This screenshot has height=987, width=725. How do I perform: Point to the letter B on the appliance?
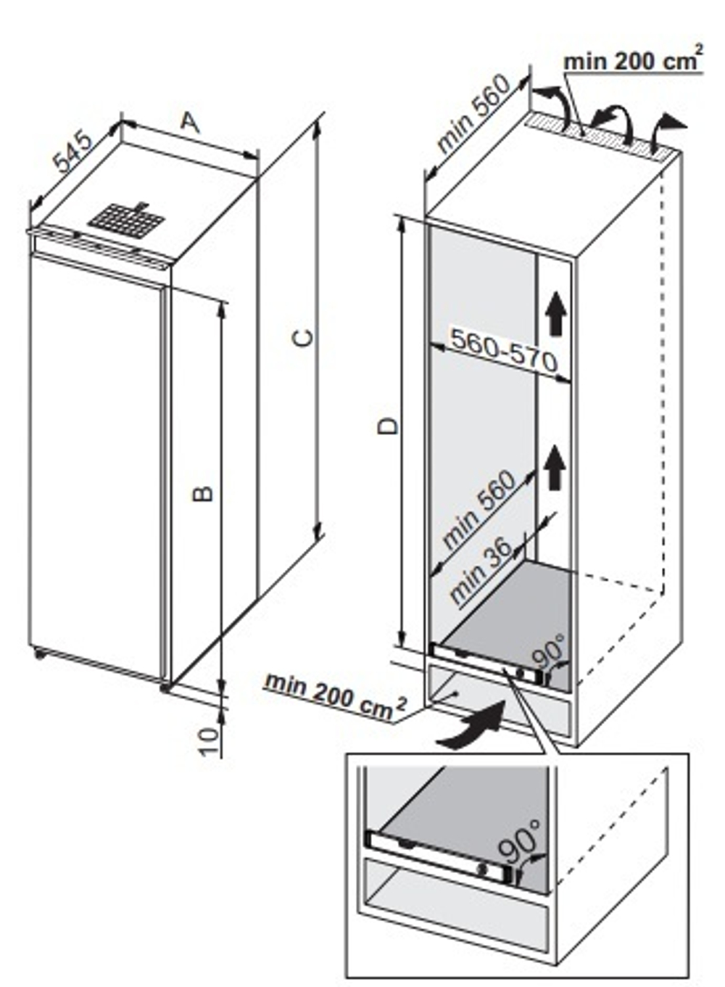[204, 493]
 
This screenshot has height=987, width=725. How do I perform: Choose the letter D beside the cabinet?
[389, 425]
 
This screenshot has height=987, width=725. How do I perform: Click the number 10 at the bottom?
[210, 741]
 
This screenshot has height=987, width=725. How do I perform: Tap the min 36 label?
[481, 572]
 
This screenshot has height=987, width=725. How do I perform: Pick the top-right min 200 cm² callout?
[632, 61]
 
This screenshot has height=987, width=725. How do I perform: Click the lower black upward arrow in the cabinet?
[556, 467]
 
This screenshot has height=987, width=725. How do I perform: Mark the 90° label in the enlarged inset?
[520, 842]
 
